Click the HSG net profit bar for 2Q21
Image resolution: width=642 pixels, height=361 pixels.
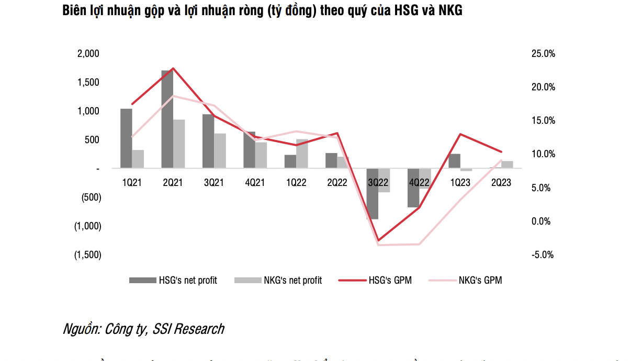click(x=167, y=119)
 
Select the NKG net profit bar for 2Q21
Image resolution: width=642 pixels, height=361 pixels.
click(x=179, y=144)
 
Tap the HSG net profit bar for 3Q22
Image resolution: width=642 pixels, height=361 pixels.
click(x=372, y=194)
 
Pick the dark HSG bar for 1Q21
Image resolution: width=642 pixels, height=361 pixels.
click(x=126, y=138)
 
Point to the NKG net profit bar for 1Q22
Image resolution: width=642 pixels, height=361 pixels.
click(x=302, y=154)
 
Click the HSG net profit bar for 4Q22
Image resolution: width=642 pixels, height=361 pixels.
click(x=413, y=188)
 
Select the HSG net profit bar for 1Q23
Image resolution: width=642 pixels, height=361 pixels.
click(x=454, y=161)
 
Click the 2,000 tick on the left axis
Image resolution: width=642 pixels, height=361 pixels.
click(x=88, y=54)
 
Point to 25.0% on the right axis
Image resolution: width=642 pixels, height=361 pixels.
click(x=543, y=54)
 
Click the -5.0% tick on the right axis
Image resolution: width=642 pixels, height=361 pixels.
click(x=543, y=255)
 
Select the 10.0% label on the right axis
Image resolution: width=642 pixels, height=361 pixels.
click(x=543, y=154)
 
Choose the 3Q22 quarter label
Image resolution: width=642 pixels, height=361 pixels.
click(x=378, y=182)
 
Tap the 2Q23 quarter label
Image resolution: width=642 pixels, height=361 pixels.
click(x=501, y=182)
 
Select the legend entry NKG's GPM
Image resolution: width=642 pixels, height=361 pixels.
click(x=480, y=281)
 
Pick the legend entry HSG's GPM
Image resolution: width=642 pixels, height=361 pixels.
click(x=390, y=281)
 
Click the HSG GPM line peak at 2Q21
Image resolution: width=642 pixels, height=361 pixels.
click(x=173, y=68)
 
